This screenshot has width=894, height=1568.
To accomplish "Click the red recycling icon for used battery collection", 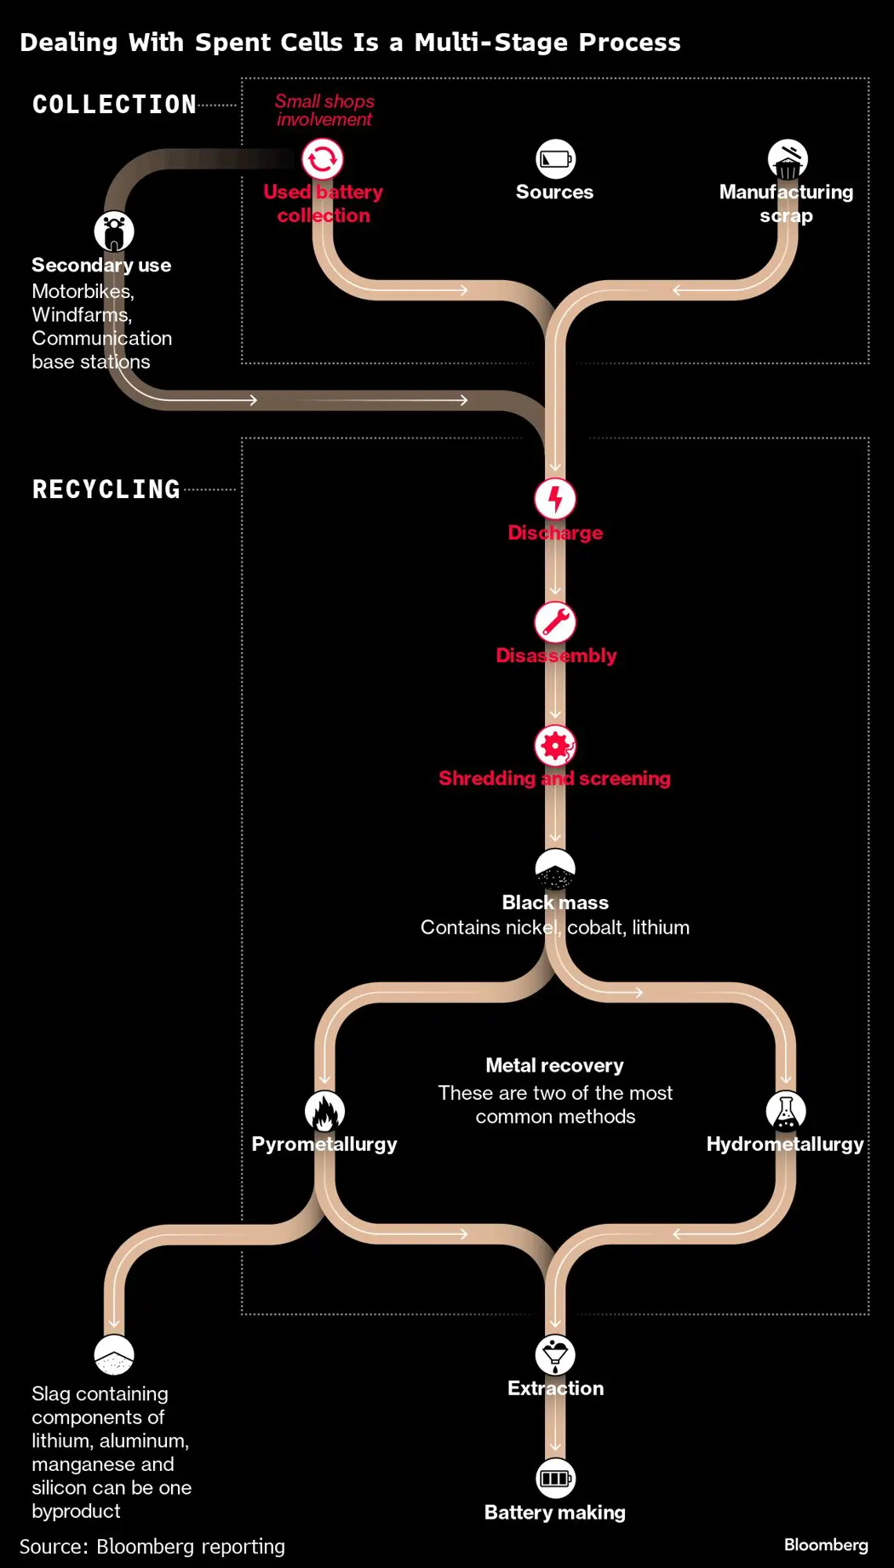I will pos(323,159).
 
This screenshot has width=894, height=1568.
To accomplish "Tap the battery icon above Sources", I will pos(555,159).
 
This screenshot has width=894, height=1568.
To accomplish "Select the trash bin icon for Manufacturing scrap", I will pos(788,159).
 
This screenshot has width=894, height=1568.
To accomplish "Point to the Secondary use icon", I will pos(114,232).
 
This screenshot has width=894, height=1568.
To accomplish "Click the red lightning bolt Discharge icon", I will pos(555,500).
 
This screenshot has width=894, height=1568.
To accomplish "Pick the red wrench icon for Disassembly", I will pos(555,622).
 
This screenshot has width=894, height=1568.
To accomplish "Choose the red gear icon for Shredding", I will pos(555,746).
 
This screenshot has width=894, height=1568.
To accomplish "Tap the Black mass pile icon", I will pos(555,869).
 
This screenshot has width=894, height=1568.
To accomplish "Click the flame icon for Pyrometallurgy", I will pos(324,1111).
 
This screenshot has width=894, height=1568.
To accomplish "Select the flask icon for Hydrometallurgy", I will pos(786,1111).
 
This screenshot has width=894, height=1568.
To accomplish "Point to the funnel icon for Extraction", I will pos(555,1355).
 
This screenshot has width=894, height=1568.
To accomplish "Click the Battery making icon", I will pos(555,1479).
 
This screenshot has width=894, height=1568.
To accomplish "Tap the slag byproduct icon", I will pos(114,1355).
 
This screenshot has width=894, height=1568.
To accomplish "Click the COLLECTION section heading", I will pos(114,105).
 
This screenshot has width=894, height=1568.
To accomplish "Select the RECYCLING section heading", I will pos(106,489).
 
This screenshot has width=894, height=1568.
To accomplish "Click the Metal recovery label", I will pos(554,1066).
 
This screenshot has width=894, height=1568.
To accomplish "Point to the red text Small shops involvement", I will pos(324,111).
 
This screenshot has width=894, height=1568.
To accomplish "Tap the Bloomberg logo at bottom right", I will pos(826,1544).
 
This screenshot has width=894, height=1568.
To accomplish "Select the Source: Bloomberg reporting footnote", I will pos(152,1547).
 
